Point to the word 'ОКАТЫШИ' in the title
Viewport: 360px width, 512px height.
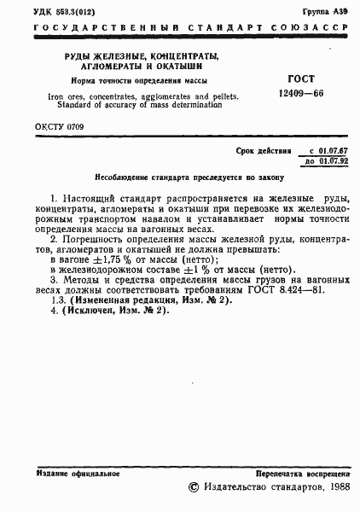coord(180,69)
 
